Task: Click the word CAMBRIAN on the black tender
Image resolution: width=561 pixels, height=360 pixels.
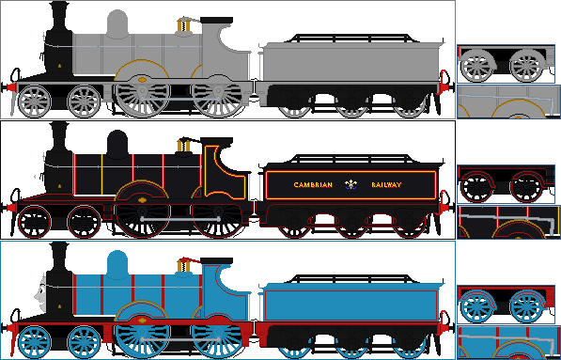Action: pyautogui.click(x=310, y=185)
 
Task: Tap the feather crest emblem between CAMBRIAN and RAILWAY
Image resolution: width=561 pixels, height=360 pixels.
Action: pyautogui.click(x=351, y=184)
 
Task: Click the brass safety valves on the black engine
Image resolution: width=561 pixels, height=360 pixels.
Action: pyautogui.click(x=183, y=146)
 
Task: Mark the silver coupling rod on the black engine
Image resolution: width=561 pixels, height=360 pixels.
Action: pyautogui.click(x=179, y=218)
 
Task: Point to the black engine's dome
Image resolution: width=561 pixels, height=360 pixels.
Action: pyautogui.click(x=117, y=144)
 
